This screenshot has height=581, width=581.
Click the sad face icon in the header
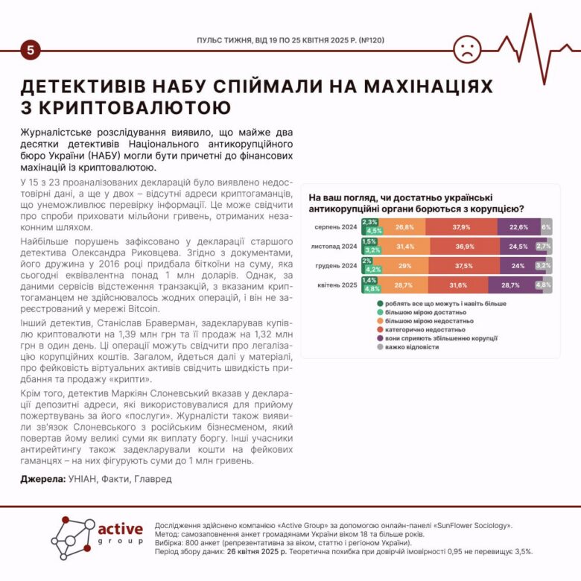pyautogui.click(x=467, y=48)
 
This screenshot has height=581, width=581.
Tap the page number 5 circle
pyautogui.click(x=31, y=51)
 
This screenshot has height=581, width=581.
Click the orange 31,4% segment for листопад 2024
pyautogui.click(x=405, y=246)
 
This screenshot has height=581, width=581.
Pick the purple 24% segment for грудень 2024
pyautogui.click(x=518, y=265)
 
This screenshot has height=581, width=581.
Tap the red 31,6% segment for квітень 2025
pyautogui.click(x=459, y=285)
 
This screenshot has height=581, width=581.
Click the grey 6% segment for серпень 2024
pyautogui.click(x=546, y=227)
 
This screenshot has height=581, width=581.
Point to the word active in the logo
pyautogui.click(x=121, y=529)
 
